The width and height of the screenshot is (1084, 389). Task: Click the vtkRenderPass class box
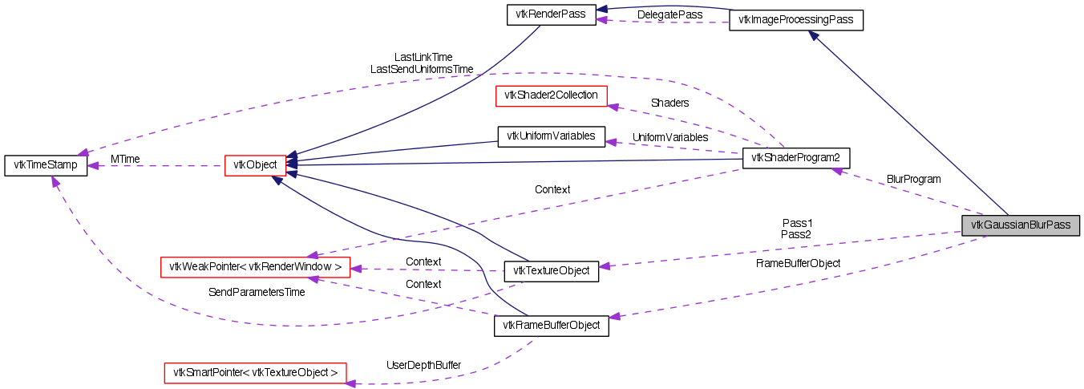point(552,15)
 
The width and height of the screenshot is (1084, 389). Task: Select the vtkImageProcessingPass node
point(795,20)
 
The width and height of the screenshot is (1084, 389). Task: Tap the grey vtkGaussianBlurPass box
point(1021,225)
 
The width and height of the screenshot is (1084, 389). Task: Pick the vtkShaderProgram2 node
point(796,158)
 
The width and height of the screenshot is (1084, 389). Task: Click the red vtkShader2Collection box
point(552,95)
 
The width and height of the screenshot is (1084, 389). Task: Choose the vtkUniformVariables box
point(552,136)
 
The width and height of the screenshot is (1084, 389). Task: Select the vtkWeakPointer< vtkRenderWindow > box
point(255,266)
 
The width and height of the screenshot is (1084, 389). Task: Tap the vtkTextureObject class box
point(551,270)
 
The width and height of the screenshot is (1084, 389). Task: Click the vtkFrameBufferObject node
point(552,326)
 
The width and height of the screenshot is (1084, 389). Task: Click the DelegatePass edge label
point(669,14)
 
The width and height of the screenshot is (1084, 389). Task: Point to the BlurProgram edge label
point(913,178)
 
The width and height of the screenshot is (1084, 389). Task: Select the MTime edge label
point(125,159)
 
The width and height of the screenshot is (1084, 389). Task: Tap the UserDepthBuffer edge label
point(423,365)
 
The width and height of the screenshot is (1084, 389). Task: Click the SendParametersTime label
point(257,292)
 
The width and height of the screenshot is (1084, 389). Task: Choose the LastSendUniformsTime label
point(422,69)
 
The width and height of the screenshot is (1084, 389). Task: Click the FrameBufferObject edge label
point(798,262)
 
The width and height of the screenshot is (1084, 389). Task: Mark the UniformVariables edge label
point(670,137)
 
